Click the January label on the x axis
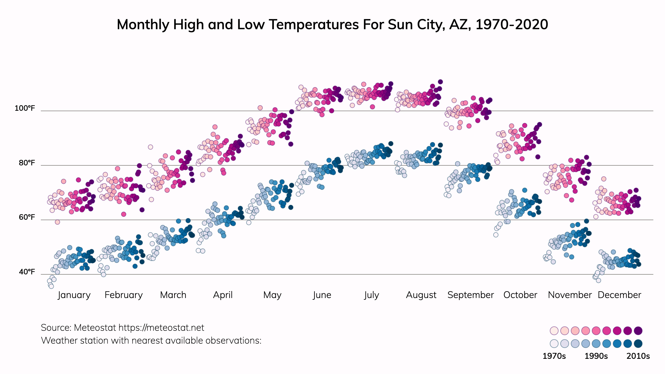pos(74,295)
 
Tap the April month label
pos(223,295)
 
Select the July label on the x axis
pos(371,295)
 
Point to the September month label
pos(470,295)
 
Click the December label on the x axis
pos(619,295)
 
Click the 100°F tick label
pos(25,108)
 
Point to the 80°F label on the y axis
pos(27,163)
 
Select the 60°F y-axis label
pos(27,217)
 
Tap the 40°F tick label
pos(27,272)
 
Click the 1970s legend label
pos(554,356)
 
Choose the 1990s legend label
pos(596,356)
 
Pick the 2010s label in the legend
pos(638,356)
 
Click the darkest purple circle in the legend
pos(638,331)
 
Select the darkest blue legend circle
pos(638,344)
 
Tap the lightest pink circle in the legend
pos(554,331)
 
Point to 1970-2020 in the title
pos(512,25)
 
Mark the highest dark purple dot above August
pos(440,82)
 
